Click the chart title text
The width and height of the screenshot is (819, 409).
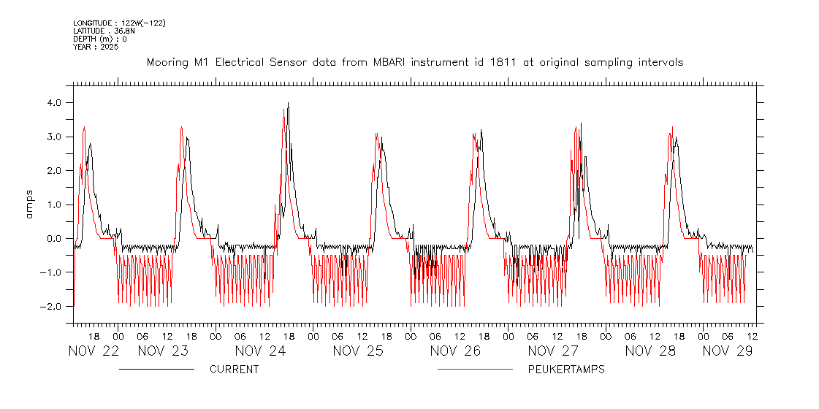415,62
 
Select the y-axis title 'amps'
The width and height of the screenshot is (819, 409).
30,204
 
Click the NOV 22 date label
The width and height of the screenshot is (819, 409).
94,351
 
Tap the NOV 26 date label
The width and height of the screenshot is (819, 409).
455,351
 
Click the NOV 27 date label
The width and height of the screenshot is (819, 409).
553,351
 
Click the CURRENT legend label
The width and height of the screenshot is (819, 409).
234,370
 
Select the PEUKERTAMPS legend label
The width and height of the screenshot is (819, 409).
566,370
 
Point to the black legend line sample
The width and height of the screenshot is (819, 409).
156,370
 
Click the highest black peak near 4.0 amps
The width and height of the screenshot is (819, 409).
289,103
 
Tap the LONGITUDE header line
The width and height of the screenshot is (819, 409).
119,23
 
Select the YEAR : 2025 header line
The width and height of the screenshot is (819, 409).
96,47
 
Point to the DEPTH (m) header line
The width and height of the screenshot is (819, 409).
99,39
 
